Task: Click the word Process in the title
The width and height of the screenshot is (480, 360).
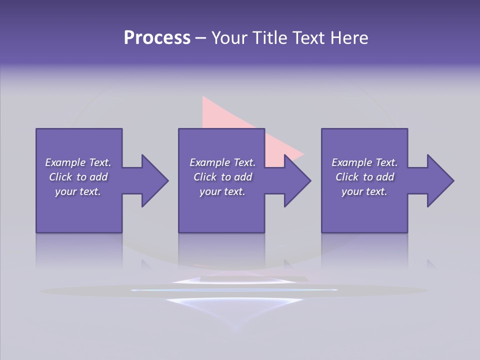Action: tap(157, 38)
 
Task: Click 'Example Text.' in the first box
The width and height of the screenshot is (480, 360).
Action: tap(78, 162)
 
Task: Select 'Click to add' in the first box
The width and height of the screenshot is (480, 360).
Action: tap(78, 177)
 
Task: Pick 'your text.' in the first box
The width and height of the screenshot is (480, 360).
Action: tap(78, 191)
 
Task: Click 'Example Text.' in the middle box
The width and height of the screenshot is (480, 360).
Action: tap(222, 162)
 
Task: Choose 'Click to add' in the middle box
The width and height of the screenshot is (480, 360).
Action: tap(222, 177)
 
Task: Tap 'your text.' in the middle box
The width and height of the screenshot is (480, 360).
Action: tap(222, 191)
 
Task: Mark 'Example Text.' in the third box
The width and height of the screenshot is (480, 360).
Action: tap(364, 162)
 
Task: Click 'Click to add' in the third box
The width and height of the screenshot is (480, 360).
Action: tap(364, 177)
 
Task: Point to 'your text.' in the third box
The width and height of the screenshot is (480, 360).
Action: tap(364, 191)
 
